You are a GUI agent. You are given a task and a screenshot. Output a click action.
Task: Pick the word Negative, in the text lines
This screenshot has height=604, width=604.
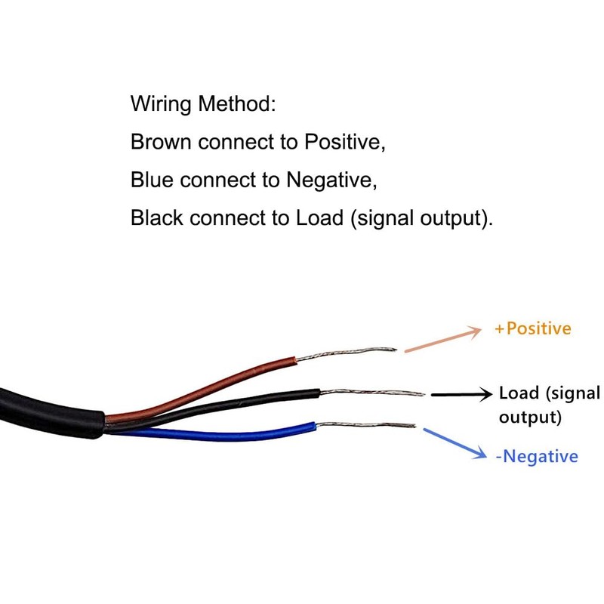click(x=331, y=180)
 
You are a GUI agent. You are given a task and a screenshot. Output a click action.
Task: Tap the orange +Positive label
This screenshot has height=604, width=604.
click(x=533, y=328)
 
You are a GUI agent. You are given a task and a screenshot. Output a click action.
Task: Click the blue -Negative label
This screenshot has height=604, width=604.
click(x=537, y=456)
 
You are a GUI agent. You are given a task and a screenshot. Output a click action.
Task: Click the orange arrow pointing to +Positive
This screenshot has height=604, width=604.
click(x=443, y=340)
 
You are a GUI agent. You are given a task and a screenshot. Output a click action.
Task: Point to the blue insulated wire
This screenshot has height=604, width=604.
click(x=226, y=433)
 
